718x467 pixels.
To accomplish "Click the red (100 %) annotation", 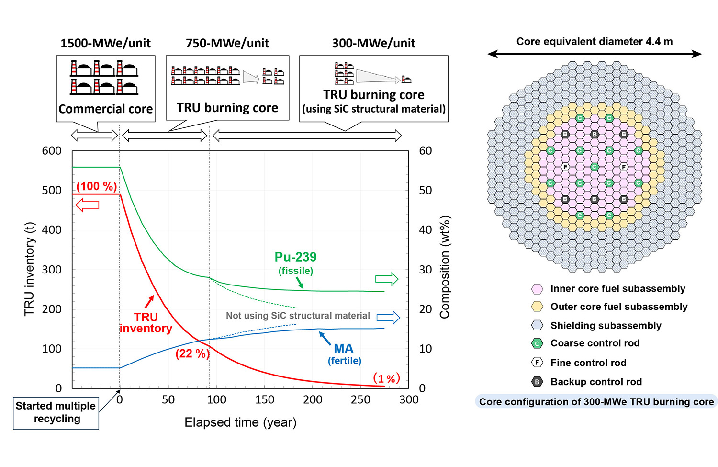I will pyautogui.click(x=97, y=186).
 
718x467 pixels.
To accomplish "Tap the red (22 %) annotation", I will pyautogui.click(x=192, y=354).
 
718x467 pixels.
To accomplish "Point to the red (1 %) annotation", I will pyautogui.click(x=386, y=378).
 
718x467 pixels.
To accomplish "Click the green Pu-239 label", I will pyautogui.click(x=295, y=257).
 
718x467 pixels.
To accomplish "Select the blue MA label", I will pyautogui.click(x=344, y=349).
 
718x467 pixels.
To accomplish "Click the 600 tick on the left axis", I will pyautogui.click(x=52, y=151).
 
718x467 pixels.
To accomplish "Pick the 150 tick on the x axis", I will pyautogui.click(x=264, y=400).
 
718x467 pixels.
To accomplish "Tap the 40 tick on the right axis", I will pyautogui.click(x=426, y=230).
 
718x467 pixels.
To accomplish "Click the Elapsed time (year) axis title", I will pyautogui.click(x=240, y=422).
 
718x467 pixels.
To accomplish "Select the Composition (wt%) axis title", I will pyautogui.click(x=445, y=267).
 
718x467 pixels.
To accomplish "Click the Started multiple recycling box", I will pyautogui.click(x=56, y=412).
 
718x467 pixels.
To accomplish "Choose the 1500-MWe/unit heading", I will pyautogui.click(x=105, y=43).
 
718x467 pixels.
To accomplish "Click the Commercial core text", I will pyautogui.click(x=105, y=109).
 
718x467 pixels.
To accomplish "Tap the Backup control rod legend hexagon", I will pyautogui.click(x=537, y=382).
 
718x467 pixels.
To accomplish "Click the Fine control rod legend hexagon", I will pyautogui.click(x=537, y=363).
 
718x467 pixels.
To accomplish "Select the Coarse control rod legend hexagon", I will pyautogui.click(x=537, y=343).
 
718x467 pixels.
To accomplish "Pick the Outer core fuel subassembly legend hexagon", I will pyautogui.click(x=537, y=307).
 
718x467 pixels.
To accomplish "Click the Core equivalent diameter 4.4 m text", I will pyautogui.click(x=595, y=42).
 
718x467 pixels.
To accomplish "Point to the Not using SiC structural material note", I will pyautogui.click(x=298, y=316).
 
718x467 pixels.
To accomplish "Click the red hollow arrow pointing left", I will pyautogui.click(x=88, y=205).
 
